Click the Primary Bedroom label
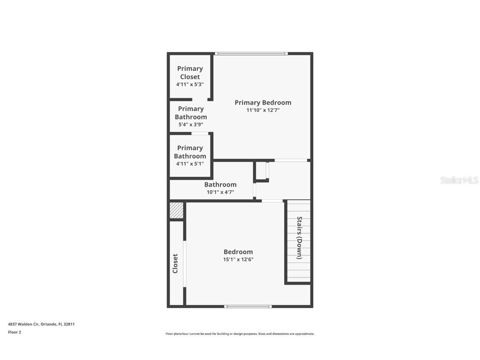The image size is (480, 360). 262,102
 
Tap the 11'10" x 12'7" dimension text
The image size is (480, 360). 262,110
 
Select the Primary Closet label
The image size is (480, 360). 190,72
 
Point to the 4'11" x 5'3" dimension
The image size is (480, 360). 190,84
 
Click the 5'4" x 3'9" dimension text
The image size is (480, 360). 191,124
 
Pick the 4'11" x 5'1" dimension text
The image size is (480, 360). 190,164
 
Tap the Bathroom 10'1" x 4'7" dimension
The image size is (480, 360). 220,192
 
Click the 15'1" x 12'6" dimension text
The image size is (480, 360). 238,259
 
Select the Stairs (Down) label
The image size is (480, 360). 299,237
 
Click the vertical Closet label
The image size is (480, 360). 175,263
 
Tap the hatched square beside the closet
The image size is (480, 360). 176,210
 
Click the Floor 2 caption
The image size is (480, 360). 14,332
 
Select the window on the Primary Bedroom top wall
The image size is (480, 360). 251,53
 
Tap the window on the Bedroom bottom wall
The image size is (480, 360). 248,306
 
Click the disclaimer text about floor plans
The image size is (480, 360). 240,334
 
